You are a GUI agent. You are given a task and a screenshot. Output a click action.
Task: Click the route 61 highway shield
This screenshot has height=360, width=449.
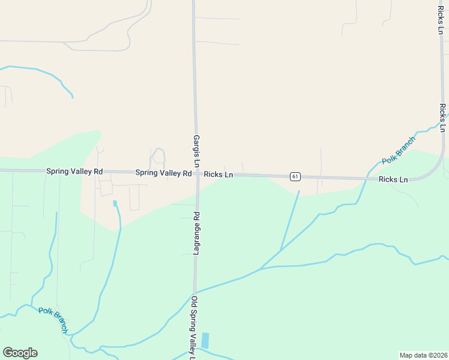[294, 176]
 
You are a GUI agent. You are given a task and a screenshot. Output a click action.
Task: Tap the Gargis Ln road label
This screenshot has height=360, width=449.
[196, 151]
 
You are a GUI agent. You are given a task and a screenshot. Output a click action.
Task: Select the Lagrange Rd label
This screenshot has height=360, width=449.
[196, 233]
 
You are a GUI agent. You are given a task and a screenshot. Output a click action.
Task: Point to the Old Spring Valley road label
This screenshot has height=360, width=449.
[193, 327]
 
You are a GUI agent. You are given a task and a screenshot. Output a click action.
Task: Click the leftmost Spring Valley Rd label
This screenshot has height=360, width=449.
[74, 172]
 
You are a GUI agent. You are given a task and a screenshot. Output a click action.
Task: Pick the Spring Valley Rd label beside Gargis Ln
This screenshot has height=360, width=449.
[163, 173]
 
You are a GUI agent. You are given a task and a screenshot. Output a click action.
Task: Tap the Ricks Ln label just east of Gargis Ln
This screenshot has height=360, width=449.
[218, 175]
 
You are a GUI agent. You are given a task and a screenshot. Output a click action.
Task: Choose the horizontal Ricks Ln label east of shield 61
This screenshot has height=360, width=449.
[393, 179]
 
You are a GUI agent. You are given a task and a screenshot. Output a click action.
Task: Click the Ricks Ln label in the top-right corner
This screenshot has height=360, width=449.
[440, 17]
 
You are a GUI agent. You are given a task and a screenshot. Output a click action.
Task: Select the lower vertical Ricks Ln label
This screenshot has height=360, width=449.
[442, 118]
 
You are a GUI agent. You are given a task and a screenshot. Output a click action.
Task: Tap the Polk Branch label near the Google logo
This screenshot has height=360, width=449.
[53, 314]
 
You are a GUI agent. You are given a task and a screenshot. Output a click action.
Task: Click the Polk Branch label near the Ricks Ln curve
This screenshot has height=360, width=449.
[398, 151]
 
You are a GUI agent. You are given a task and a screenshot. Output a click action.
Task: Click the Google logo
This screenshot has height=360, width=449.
[20, 352]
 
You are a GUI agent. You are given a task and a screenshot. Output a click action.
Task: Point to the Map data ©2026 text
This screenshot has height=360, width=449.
[423, 355]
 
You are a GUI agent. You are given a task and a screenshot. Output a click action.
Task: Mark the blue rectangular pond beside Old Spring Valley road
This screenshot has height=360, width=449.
[206, 340]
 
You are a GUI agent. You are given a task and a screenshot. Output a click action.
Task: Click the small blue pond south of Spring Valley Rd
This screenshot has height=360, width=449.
[115, 203]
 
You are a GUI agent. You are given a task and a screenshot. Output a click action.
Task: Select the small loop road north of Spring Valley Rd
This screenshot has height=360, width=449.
[158, 155]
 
